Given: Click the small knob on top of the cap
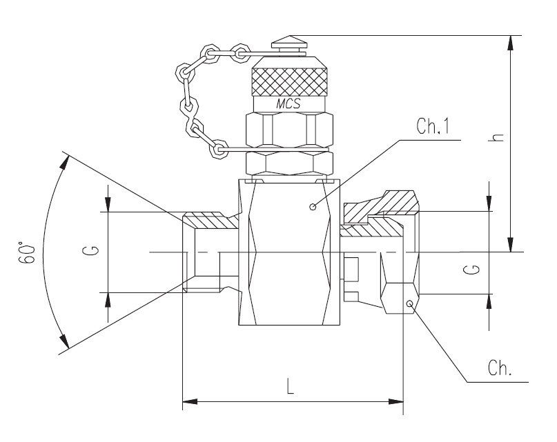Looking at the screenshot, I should pyautogui.click(x=290, y=43).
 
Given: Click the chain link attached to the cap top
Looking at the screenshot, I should pyautogui.click(x=242, y=52).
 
